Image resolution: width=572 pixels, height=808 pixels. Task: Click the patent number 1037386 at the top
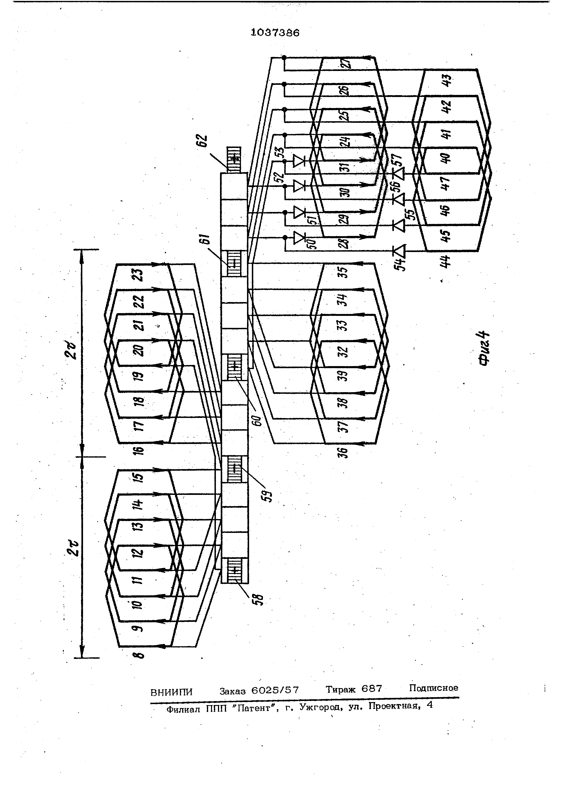point(275,33)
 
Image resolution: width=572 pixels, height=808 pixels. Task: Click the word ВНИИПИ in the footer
point(172,692)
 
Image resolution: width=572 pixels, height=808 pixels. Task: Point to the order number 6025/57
point(275,690)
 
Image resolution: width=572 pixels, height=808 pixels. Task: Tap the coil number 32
point(344,352)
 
